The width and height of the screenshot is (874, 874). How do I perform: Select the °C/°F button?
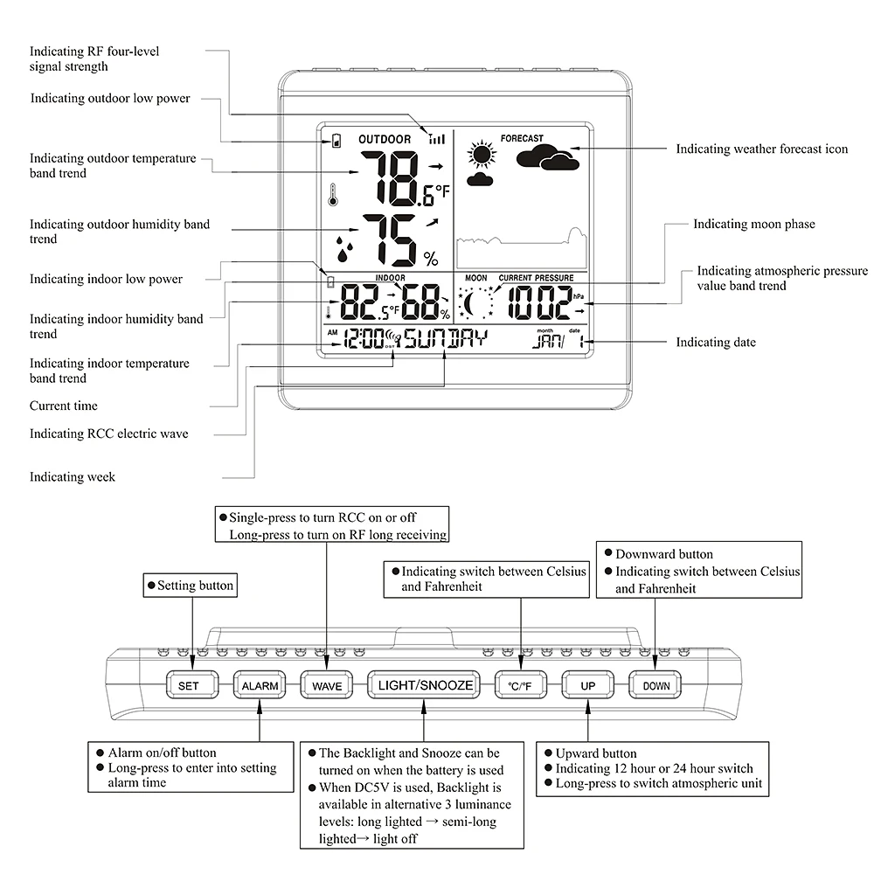coord(521,685)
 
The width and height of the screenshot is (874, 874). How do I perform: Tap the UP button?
coord(588,685)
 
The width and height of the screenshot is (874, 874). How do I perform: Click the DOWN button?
coord(655,685)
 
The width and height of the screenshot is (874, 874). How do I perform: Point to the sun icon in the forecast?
coord(480,156)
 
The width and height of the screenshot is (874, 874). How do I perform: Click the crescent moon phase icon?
coord(476,304)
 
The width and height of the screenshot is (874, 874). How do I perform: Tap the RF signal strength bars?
coord(436,137)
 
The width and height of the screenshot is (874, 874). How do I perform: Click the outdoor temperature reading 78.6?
coord(398,177)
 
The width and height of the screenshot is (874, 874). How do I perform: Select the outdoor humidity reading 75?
coord(391,239)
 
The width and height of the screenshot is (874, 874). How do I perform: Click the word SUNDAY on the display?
coord(445,340)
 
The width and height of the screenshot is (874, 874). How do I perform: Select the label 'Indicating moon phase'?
coord(753,225)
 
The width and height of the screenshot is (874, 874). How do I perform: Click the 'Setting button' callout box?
coord(191,586)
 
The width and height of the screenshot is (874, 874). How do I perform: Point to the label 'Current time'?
coord(64,406)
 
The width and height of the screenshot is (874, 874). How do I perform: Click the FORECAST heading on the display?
coord(522,138)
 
